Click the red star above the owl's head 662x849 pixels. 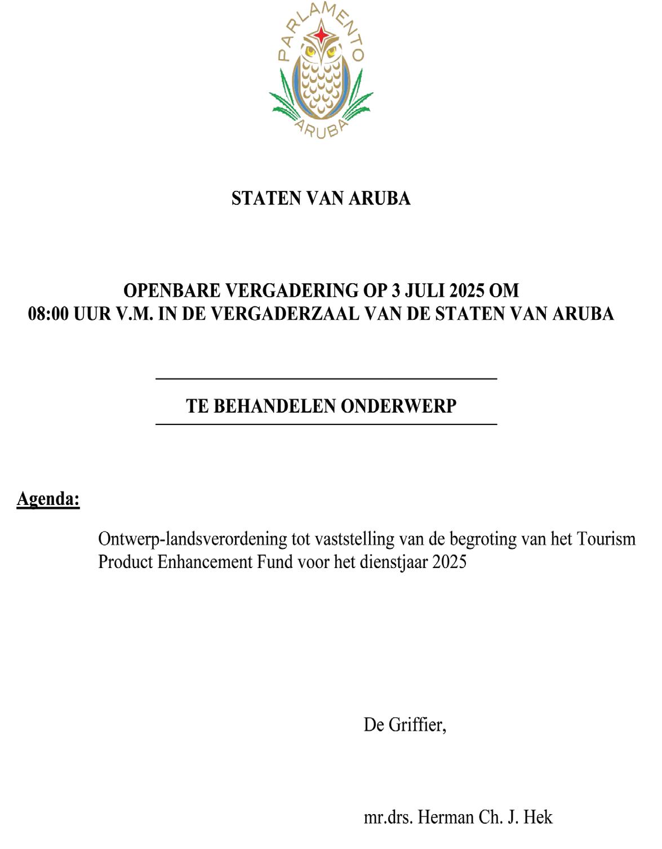[321, 35]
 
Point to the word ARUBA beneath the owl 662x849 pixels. [321, 129]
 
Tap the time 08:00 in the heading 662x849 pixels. [48, 314]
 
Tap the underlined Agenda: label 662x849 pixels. [48, 499]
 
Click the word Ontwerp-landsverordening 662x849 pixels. [192, 539]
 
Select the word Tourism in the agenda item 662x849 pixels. [606, 539]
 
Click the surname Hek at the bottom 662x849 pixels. [538, 817]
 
